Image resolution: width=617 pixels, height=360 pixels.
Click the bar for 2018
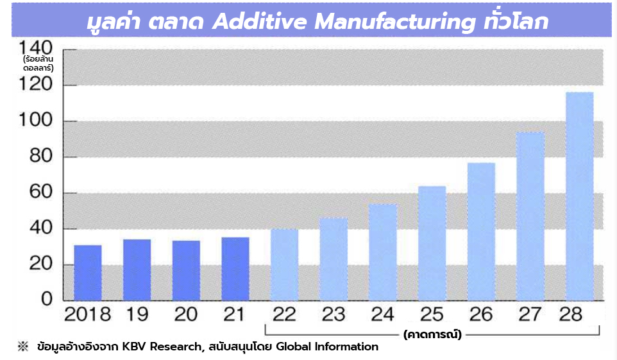[x=88, y=273]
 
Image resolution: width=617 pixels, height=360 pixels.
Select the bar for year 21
[x=235, y=269]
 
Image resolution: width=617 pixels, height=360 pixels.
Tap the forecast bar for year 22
[x=284, y=264]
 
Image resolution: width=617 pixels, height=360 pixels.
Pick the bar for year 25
[x=432, y=243]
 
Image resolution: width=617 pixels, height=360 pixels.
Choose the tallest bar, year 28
[x=579, y=196]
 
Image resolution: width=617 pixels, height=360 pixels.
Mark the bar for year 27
[x=530, y=216]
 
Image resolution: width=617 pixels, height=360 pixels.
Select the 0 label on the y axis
[x=47, y=300]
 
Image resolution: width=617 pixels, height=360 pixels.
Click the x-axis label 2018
[x=88, y=315]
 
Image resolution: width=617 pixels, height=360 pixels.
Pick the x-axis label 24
[x=383, y=315]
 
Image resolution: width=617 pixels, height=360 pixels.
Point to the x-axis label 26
[x=481, y=315]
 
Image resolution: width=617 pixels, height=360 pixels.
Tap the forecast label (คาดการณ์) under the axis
[x=433, y=334]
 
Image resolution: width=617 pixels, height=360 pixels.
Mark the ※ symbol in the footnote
[x=23, y=347]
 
